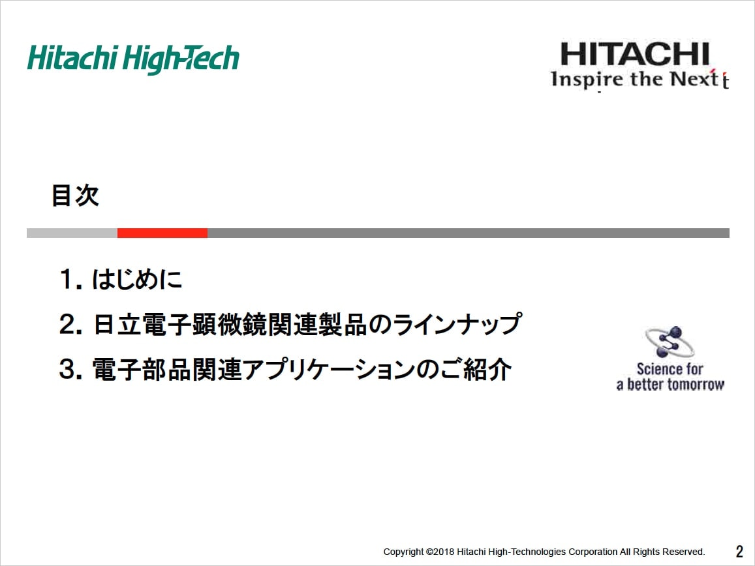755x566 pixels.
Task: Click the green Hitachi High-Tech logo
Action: pos(133,59)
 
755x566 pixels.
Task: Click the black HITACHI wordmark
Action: pos(635,54)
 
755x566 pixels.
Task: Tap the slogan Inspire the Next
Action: pos(639,79)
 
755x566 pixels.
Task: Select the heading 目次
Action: pos(75,196)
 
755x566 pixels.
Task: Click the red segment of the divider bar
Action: pos(162,233)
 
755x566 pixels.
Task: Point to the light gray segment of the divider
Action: pos(72,233)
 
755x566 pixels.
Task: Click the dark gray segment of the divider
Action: pos(469,233)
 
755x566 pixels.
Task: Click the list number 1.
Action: pos(70,279)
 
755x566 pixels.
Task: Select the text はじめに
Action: pos(137,279)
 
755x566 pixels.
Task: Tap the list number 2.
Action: pos(70,324)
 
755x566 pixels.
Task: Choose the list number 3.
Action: pos(70,370)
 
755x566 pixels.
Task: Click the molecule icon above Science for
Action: pos(670,342)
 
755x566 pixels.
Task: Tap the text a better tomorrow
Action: pos(670,385)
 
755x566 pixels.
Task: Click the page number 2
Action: pos(739,551)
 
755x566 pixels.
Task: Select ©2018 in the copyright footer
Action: pos(440,552)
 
